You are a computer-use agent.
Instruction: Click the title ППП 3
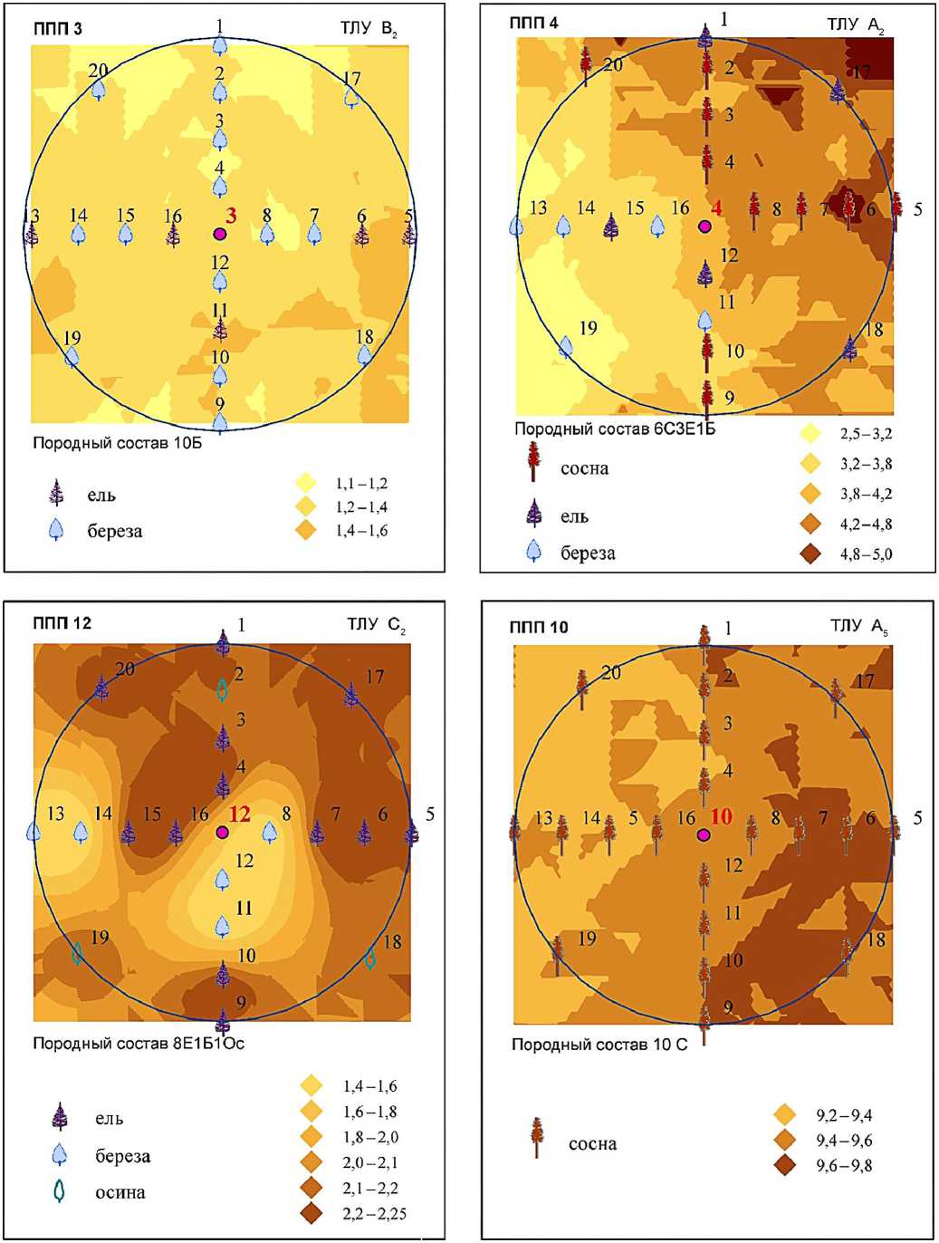57,29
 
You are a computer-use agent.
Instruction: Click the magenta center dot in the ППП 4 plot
704,226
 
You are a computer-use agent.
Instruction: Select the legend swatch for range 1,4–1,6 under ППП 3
306,530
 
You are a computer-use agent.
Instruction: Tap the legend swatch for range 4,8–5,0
810,554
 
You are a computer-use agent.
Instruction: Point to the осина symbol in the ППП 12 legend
60,1191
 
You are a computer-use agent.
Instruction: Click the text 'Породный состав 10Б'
117,443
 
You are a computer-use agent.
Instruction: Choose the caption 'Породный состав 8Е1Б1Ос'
139,1043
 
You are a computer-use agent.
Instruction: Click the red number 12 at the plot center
239,814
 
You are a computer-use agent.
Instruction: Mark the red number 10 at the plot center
721,816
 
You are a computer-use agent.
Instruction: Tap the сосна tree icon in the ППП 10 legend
537,1137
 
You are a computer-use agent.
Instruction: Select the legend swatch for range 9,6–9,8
784,1165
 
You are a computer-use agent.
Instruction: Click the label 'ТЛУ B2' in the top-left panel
369,29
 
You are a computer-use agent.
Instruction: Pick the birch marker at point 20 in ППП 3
99,89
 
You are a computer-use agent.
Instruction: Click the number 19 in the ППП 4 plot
588,328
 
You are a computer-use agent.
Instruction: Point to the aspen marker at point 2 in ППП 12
222,690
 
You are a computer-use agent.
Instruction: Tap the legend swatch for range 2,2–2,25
311,1213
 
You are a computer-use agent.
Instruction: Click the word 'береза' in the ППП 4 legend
588,553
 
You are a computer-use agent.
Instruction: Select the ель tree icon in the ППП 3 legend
56,494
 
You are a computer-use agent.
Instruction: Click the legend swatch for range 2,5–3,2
810,433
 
